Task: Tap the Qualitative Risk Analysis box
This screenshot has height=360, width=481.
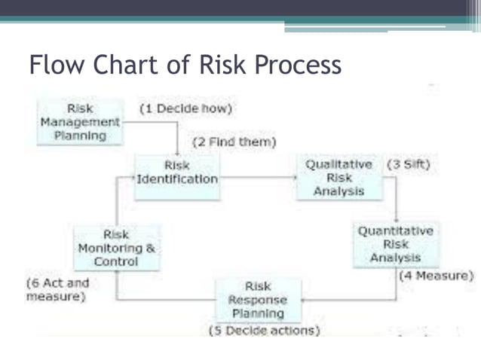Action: [x=339, y=178]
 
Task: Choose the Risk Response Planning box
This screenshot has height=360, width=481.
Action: [x=258, y=300]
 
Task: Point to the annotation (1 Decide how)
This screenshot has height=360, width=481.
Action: [x=185, y=108]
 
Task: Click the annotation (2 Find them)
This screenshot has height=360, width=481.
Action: [x=234, y=142]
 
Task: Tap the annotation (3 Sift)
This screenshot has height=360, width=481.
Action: [x=408, y=164]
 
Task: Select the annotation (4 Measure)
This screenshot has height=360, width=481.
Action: [x=436, y=276]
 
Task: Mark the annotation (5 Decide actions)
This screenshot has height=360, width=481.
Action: [x=264, y=330]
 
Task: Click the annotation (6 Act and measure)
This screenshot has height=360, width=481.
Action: [x=57, y=290]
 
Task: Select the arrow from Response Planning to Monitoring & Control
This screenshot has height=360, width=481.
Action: [x=166, y=300]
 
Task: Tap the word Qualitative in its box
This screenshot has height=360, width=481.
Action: [x=339, y=164]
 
